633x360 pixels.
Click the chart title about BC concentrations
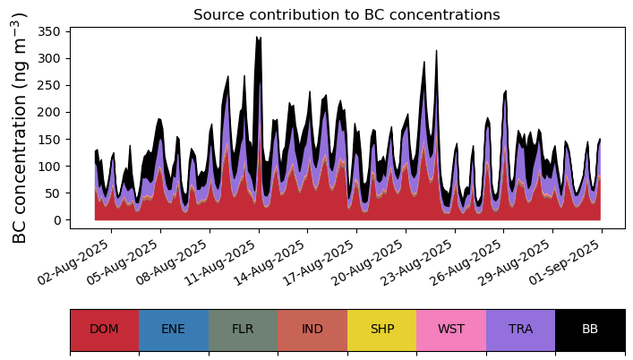pyautogui.click(x=346, y=15)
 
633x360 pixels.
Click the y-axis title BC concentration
pyautogui.click(x=20, y=128)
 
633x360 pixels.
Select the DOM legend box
pyautogui.click(x=104, y=330)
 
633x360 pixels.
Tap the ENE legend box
pyautogui.click(x=174, y=330)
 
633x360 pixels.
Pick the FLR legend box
pyautogui.click(x=243, y=330)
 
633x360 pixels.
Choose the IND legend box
pyautogui.click(x=312, y=330)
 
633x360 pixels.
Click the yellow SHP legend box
pyautogui.click(x=381, y=330)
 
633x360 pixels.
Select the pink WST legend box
pyautogui.click(x=451, y=330)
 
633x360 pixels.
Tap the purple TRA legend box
pyautogui.click(x=520, y=330)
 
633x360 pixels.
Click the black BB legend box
pyautogui.click(x=590, y=330)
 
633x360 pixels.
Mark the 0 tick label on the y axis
pyautogui.click(x=57, y=220)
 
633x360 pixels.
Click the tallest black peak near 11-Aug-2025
pyautogui.click(x=258, y=39)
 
